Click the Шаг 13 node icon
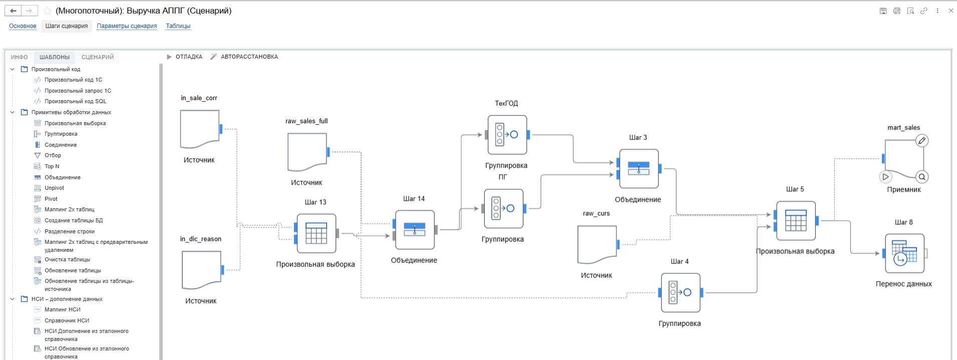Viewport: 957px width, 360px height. [x=316, y=233]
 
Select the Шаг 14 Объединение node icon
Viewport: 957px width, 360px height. [x=414, y=230]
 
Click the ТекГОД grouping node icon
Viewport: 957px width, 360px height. [x=507, y=135]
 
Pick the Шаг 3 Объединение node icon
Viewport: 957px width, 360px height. [x=639, y=169]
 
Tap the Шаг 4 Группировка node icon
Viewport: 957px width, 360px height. [x=680, y=292]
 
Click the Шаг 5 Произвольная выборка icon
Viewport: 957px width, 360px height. [x=796, y=221]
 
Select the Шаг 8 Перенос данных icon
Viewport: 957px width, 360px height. [x=904, y=253]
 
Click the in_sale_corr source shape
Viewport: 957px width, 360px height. [x=199, y=129]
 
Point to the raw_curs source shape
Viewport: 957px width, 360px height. [x=596, y=244]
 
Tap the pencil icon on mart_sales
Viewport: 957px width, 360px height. [x=921, y=141]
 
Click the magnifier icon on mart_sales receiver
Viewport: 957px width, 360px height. [x=921, y=177]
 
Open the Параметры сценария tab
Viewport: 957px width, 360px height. [x=127, y=26]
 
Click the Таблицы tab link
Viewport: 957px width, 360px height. [x=178, y=26]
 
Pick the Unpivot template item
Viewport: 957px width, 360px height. [x=54, y=188]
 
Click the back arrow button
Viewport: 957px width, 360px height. [x=14, y=11]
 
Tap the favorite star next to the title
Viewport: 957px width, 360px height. [x=48, y=11]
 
